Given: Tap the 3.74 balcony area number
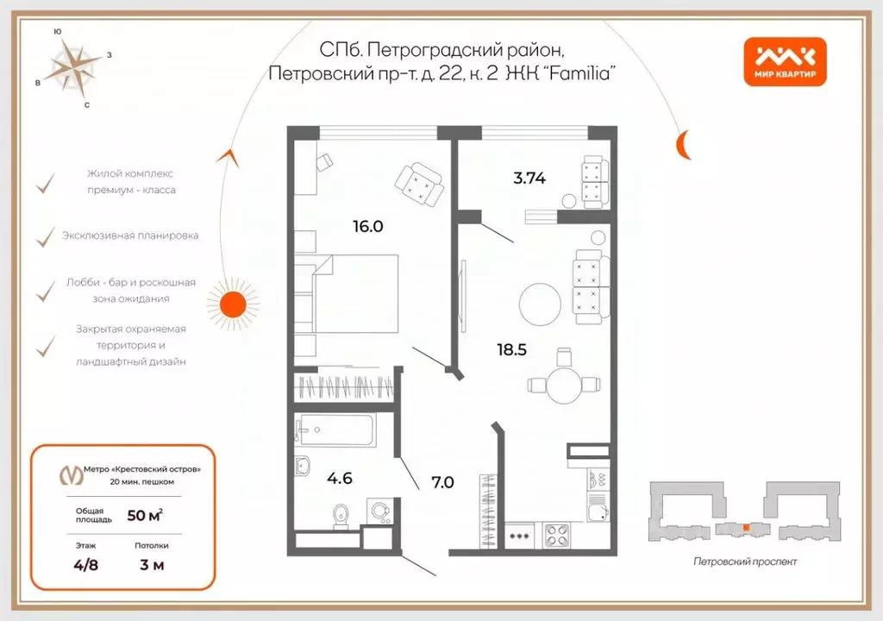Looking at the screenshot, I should (x=529, y=179).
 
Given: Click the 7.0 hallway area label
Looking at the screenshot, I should (x=441, y=482).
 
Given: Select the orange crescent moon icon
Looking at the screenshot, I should (x=683, y=144).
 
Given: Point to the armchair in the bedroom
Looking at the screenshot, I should (x=419, y=184).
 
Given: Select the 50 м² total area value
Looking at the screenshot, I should (x=144, y=515).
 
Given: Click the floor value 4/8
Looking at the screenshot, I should (x=87, y=566).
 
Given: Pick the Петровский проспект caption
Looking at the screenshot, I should (x=745, y=561).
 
